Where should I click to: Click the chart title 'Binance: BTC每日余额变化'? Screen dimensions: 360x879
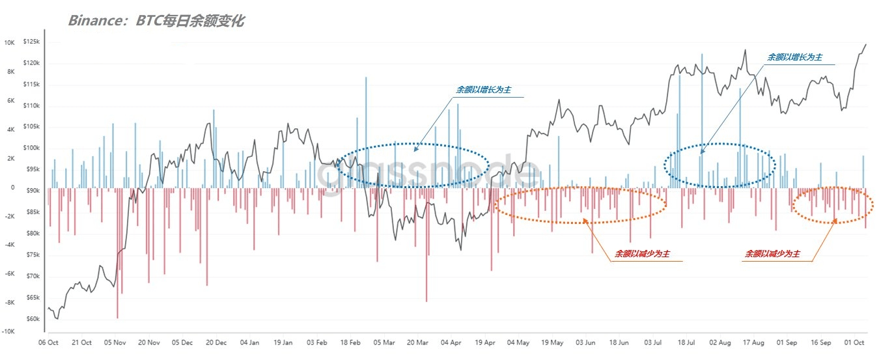coord(156,21)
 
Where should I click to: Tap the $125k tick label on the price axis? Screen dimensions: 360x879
coord(31,42)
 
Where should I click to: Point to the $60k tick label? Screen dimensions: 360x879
coord(31,319)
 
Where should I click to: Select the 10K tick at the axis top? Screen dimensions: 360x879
coord(9,42)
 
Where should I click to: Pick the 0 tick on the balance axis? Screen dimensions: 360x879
coord(12,187)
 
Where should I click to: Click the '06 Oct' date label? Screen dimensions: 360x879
coord(49,342)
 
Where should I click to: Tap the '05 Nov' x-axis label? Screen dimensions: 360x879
coord(115,342)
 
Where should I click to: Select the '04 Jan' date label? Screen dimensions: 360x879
coord(250,342)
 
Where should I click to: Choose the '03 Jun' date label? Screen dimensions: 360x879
coord(586,342)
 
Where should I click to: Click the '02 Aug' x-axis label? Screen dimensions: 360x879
coord(721,342)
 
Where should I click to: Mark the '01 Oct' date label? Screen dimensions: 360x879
coord(855,342)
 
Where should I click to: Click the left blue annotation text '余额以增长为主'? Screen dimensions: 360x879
coord(483,90)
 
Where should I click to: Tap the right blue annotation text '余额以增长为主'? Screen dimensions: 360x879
coord(795,57)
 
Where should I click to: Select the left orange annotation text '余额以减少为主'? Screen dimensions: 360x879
coord(642,253)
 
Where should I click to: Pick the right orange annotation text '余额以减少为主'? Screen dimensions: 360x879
coord(773,253)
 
